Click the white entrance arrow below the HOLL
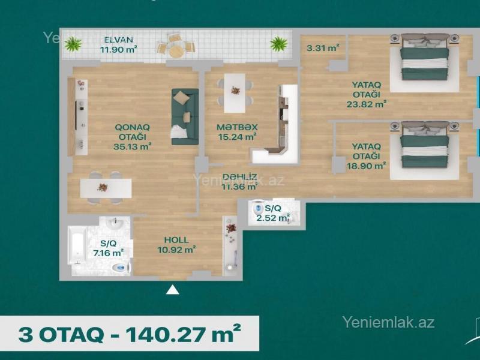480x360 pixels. (x=172, y=290)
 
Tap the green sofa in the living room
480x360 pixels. (x=185, y=116)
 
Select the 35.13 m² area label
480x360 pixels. (x=132, y=146)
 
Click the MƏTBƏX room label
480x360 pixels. (x=237, y=127)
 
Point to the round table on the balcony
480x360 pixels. (x=176, y=51)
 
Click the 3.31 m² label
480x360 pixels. (x=323, y=48)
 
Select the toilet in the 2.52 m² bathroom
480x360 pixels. (x=259, y=208)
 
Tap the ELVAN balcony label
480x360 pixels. (x=118, y=40)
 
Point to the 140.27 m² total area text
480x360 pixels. (x=184, y=334)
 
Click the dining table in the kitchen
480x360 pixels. (x=235, y=93)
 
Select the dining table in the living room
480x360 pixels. (x=106, y=188)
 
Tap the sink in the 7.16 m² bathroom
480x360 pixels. (x=115, y=223)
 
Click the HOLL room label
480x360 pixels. (x=176, y=240)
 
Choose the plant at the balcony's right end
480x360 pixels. (x=278, y=43)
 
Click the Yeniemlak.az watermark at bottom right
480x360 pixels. (x=388, y=322)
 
